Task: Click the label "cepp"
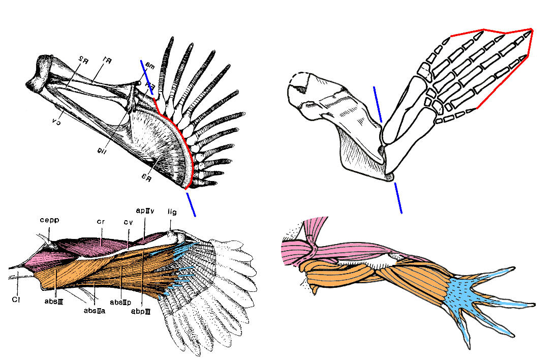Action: click(50, 220)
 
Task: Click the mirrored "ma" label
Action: click(149, 65)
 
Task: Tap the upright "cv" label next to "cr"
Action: click(128, 222)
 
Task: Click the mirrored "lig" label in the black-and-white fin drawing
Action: click(102, 148)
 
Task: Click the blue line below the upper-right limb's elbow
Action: click(398, 198)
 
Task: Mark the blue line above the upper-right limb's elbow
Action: click(378, 104)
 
